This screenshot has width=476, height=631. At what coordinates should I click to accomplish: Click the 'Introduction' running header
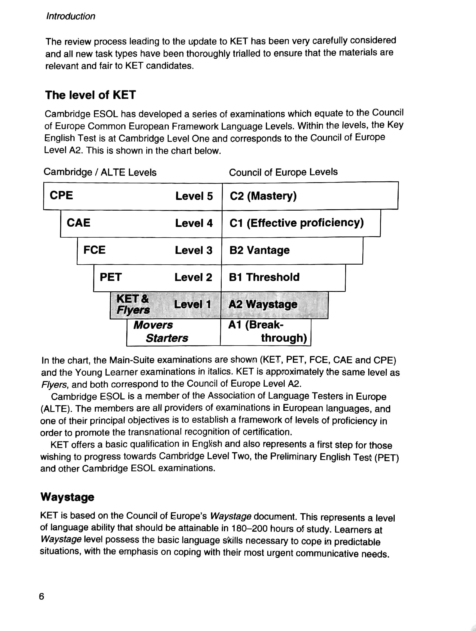point(71,16)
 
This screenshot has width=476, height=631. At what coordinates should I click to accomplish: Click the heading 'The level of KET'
point(91,95)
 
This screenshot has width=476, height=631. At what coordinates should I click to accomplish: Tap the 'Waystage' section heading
point(67,497)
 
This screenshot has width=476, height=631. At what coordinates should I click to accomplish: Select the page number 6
point(42,596)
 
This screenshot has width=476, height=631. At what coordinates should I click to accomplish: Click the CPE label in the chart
point(61,195)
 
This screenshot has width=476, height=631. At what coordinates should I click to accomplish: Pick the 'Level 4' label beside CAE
point(194,223)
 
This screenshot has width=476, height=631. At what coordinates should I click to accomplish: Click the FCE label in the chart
point(95,250)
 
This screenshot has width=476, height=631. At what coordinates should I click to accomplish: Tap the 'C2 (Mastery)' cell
point(263,196)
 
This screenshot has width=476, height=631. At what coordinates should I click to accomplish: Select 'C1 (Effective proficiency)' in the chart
point(296,223)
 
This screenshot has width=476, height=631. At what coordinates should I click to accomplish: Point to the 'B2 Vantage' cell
point(259,250)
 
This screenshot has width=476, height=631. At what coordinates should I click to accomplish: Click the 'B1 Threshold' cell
point(264,277)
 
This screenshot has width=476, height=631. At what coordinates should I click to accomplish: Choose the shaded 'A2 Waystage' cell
point(263,304)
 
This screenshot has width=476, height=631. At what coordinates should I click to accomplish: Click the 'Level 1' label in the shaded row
point(192,304)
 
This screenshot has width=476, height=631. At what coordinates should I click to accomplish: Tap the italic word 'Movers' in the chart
point(153,325)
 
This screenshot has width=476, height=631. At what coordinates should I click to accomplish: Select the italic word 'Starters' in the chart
point(167,338)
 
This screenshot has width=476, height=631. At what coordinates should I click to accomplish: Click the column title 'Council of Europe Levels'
point(283,172)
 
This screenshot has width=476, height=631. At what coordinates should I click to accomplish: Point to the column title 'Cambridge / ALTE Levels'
point(100,172)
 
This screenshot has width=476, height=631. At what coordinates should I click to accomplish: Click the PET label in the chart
point(111,277)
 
